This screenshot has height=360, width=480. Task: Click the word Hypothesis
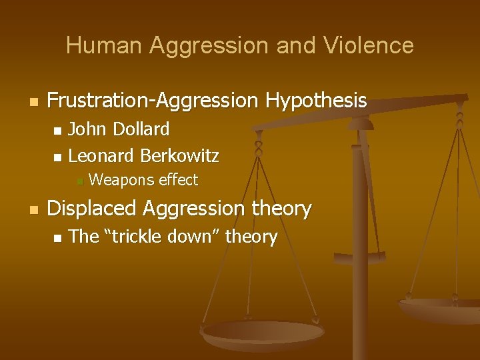tap(316, 101)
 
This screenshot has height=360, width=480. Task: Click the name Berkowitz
tap(180, 156)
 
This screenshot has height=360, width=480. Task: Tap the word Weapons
tap(121, 180)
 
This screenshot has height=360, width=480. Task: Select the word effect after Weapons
tap(178, 180)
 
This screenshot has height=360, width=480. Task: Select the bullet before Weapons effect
tap(79, 181)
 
